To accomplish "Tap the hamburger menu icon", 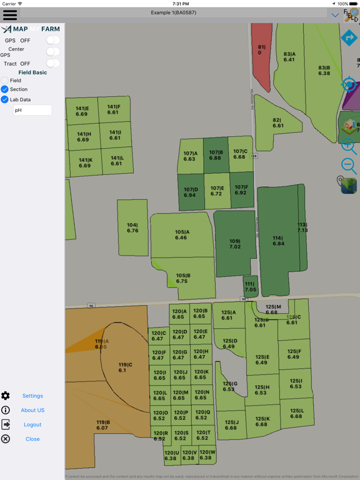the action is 10,14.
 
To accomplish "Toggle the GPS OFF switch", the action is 53,41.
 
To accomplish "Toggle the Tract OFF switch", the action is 53,63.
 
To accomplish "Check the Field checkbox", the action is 5,81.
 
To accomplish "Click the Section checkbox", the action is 5,89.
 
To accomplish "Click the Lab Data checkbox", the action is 5,99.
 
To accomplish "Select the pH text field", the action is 32,110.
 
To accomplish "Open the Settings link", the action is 32,396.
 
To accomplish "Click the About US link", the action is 32,410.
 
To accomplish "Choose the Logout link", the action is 32,424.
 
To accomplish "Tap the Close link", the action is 32,439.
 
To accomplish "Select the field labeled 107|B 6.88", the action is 216,155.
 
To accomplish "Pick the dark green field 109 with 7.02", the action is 234,244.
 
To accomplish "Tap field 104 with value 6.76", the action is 132,227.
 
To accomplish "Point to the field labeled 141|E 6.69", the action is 82,111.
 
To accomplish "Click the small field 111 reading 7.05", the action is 250,287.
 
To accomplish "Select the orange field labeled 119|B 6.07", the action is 102,425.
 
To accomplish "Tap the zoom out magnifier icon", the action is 349,166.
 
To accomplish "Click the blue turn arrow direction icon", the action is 349,39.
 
